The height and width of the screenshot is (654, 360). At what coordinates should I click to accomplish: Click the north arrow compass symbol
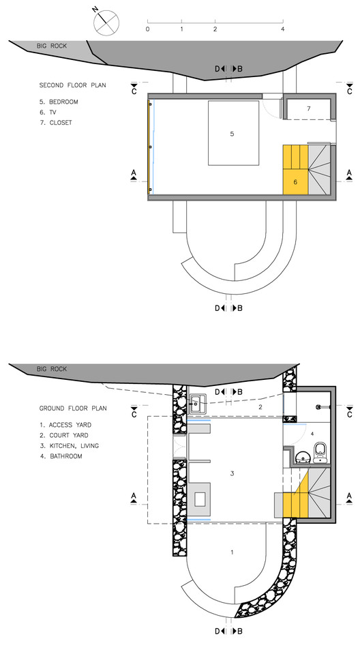coord(106,22)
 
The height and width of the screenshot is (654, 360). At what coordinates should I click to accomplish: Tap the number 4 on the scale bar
coord(283,29)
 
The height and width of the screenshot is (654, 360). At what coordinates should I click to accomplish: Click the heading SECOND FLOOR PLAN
coord(72,85)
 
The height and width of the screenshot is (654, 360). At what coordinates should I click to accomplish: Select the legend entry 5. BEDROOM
coord(59,102)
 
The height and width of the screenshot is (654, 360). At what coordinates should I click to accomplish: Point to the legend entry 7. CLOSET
coord(56,123)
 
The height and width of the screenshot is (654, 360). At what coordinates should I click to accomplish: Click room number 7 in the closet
coord(309,108)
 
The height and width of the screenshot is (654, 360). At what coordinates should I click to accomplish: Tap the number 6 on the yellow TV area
coord(295,182)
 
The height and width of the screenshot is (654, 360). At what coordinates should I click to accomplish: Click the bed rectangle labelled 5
coord(234,133)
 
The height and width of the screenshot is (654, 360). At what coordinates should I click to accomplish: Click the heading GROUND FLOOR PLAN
coord(73,408)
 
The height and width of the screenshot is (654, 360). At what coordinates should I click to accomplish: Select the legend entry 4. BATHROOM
coord(61,456)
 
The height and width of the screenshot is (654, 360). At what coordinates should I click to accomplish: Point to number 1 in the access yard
coord(232,552)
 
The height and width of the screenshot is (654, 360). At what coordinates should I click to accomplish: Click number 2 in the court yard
coord(260,407)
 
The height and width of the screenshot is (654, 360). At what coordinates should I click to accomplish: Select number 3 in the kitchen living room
coord(232,473)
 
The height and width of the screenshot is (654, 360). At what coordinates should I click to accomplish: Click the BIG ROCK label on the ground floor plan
coord(52,369)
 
